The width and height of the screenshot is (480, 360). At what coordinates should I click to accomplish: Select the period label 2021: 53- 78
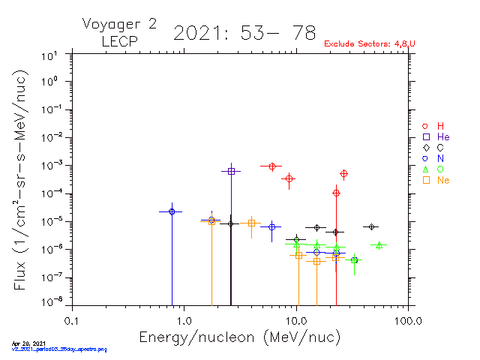point(244,33)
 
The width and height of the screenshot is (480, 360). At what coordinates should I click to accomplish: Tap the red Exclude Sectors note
point(369,44)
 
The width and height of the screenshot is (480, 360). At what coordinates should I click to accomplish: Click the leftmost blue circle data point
point(172,211)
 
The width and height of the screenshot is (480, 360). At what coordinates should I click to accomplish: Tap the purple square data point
point(231,171)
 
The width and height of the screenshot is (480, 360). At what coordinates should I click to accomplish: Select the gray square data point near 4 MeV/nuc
point(252,223)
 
